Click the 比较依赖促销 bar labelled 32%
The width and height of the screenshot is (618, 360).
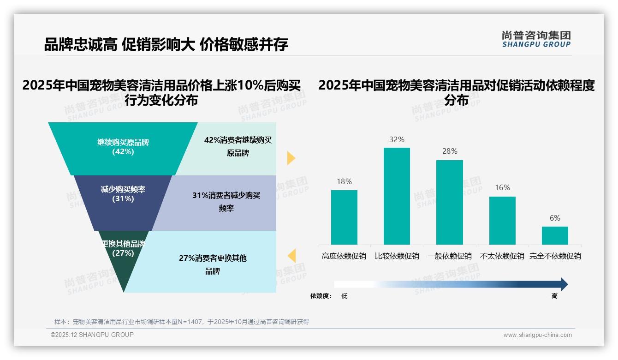[x=397, y=196]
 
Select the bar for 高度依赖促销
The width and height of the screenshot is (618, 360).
[x=344, y=217]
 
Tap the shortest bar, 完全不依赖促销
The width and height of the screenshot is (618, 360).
[x=555, y=235]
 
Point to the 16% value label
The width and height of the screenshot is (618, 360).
[x=502, y=187]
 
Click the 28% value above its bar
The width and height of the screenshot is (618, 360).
[x=449, y=151]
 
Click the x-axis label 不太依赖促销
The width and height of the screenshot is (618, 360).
[x=502, y=256]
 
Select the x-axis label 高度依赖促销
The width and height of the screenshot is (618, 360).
[x=344, y=256]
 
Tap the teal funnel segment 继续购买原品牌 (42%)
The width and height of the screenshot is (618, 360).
[x=123, y=148]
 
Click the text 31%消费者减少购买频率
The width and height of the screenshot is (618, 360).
[x=226, y=202]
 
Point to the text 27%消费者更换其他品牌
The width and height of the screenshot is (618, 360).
[x=213, y=264]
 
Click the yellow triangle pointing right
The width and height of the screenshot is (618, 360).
[x=291, y=158]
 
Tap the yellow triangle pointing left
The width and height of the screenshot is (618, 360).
[x=291, y=256]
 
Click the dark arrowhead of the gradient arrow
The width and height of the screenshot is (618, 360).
[x=564, y=284]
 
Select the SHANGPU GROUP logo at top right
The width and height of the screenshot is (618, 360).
[x=536, y=39]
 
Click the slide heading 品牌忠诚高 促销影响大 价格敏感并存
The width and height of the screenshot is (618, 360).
[x=166, y=44]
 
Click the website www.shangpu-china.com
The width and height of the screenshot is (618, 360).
[x=537, y=335]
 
